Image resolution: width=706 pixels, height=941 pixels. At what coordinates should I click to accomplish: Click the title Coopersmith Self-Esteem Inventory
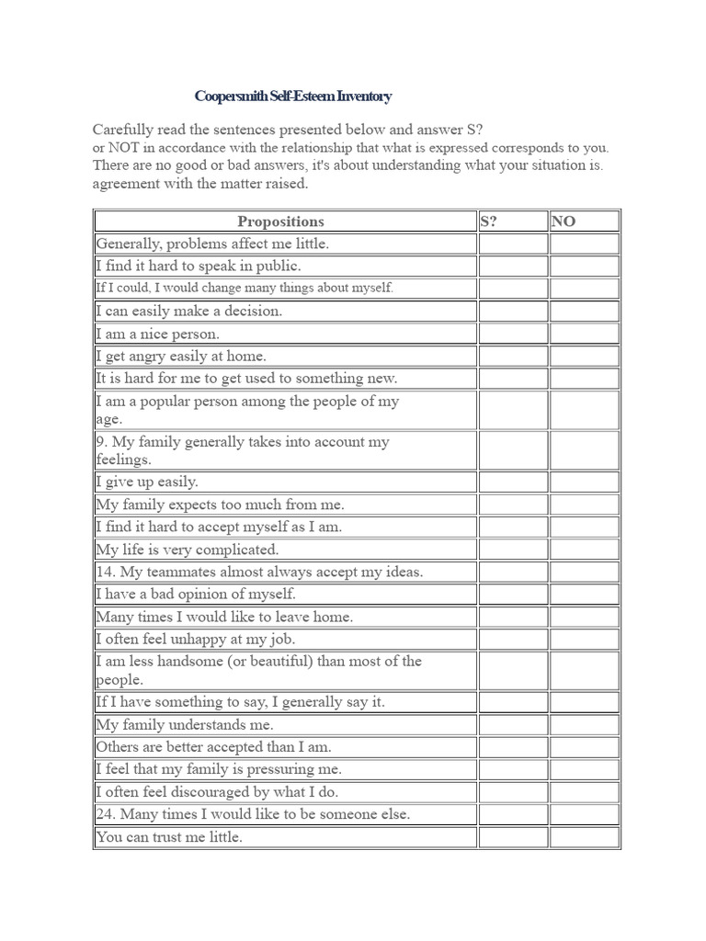293,96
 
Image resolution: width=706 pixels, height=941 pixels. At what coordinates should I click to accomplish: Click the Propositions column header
280,221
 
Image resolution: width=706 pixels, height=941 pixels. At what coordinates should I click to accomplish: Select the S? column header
489,221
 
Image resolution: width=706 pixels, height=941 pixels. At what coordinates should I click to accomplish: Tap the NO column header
564,221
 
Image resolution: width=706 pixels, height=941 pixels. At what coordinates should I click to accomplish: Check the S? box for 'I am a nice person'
513,334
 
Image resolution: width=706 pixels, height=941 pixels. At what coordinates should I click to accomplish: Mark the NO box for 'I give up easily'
584,482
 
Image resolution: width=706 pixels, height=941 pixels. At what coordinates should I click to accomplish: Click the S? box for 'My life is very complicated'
513,550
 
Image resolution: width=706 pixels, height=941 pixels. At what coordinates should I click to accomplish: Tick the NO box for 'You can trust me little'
584,837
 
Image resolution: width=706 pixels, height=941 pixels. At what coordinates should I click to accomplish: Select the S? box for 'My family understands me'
513,724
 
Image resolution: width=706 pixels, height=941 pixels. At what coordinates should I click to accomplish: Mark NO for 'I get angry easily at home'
584,356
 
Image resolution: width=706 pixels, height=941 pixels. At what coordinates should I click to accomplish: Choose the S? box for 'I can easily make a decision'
513,311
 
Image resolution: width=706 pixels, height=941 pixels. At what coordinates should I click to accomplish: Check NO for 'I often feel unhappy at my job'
584,639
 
